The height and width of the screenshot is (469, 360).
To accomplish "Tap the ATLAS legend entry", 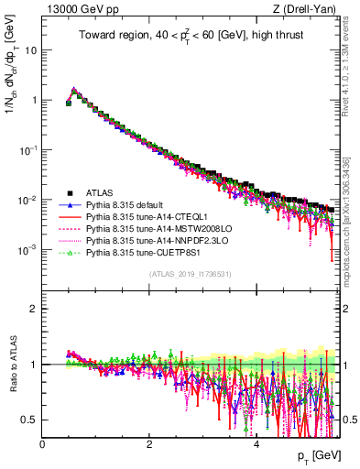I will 102,192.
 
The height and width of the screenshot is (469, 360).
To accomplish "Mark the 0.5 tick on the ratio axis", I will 29,420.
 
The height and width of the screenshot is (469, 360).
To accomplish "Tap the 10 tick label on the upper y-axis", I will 28,50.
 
